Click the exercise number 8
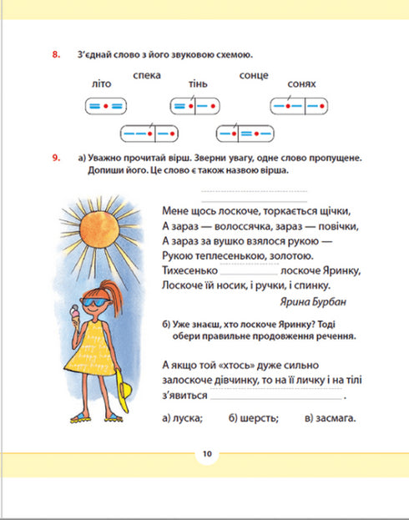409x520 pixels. [55, 56]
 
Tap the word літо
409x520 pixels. [98, 84]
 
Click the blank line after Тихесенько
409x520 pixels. [250, 272]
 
